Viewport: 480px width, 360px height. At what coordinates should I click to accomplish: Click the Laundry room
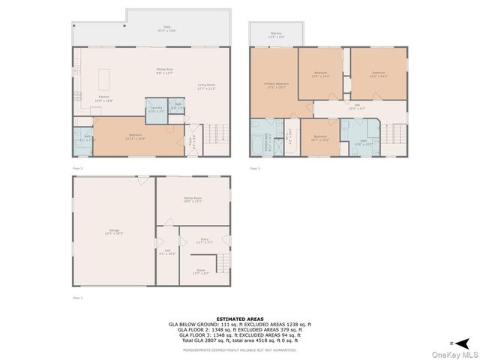point(156,110)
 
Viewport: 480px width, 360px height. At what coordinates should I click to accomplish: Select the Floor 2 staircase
point(216,134)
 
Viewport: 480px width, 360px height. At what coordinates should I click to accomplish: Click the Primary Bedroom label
point(276,85)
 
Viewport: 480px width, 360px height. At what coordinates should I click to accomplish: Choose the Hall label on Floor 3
point(357,106)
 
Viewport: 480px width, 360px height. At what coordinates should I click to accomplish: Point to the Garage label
point(115,232)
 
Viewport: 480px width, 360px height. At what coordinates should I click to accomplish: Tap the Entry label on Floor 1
point(204,241)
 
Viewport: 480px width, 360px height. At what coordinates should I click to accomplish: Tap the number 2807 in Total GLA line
point(208,340)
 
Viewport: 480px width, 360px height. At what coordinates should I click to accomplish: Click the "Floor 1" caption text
point(77,298)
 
